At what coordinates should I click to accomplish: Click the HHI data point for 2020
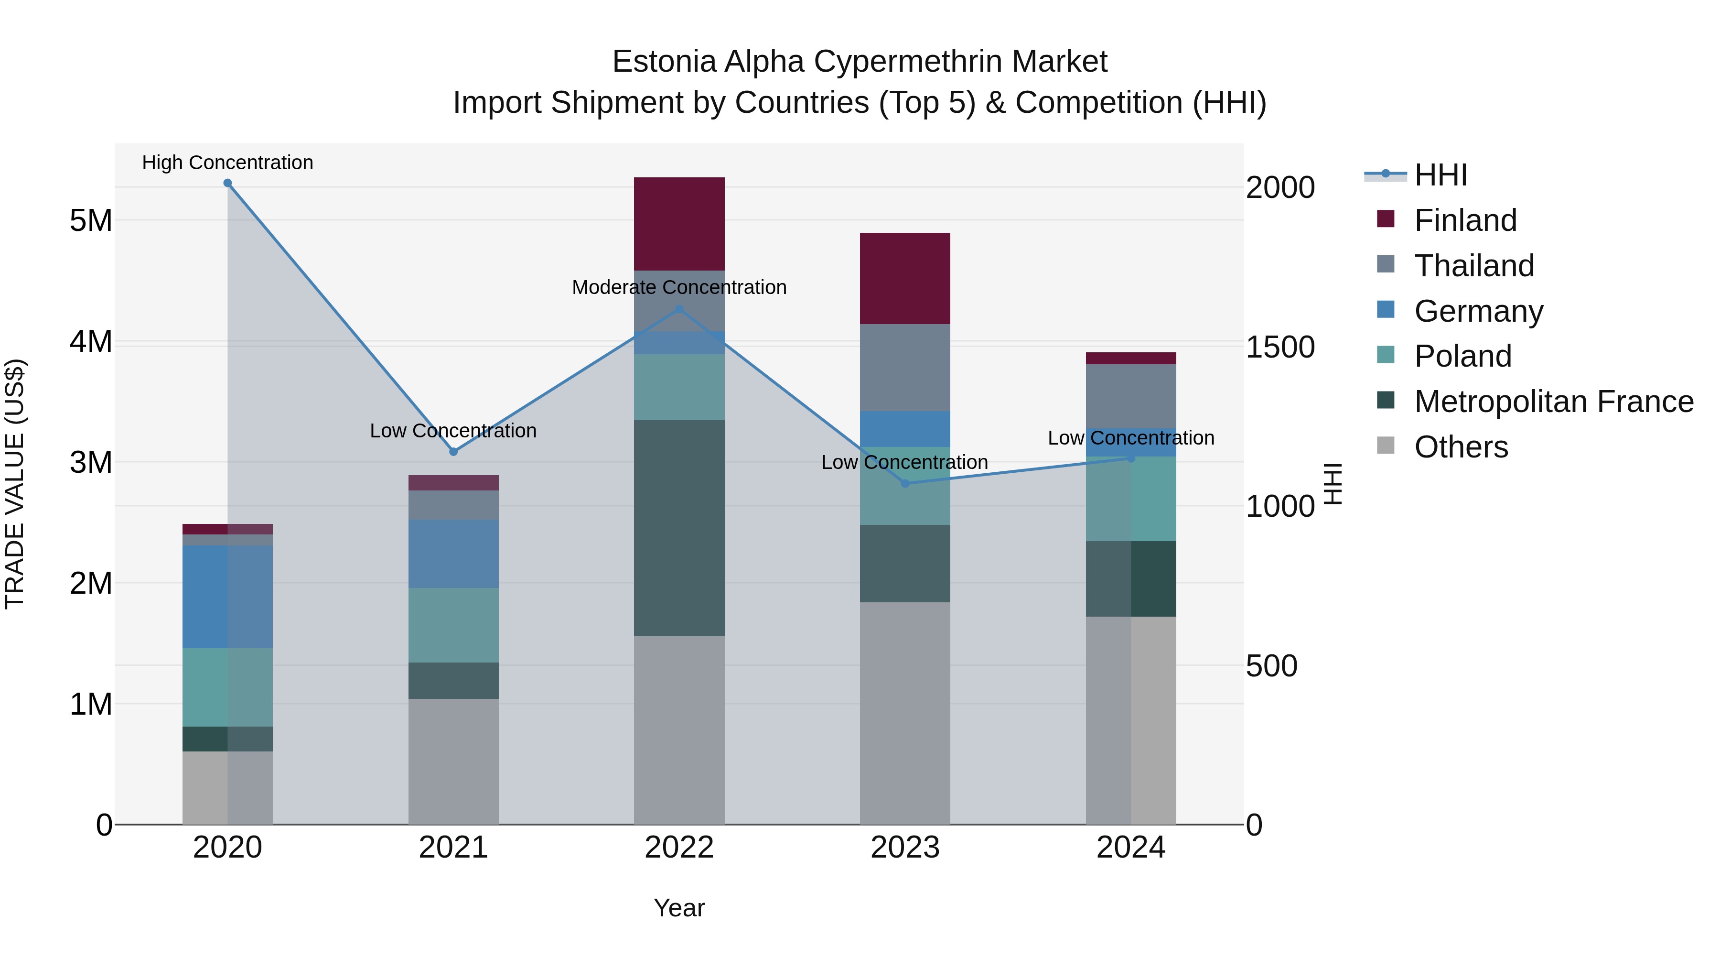tap(228, 183)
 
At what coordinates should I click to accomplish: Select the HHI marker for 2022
tap(680, 309)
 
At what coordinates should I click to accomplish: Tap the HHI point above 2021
tap(453, 452)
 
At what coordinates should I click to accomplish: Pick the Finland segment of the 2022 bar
tap(679, 224)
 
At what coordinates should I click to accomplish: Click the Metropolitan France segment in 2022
tap(679, 528)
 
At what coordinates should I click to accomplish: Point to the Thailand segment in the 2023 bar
tap(905, 368)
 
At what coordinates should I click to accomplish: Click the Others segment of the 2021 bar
tap(453, 761)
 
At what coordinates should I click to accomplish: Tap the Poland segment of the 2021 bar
tap(453, 625)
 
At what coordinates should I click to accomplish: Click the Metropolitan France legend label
tap(1554, 402)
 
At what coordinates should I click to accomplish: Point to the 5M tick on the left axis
tap(91, 220)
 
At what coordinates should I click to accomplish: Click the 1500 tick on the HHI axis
tap(1280, 347)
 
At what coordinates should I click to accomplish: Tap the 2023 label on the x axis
tap(905, 848)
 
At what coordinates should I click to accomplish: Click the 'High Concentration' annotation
tap(228, 163)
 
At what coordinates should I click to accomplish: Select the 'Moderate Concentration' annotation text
tap(679, 287)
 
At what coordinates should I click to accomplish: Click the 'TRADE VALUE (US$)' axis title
tap(15, 484)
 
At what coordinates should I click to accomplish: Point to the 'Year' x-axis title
tap(679, 908)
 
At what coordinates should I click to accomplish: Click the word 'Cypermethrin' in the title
tap(908, 62)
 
